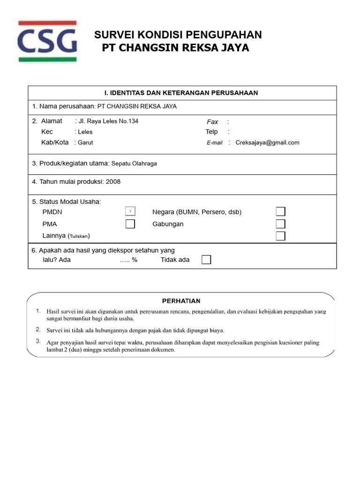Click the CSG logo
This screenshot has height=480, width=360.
click(x=47, y=41)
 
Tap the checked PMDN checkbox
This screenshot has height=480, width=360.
click(x=130, y=211)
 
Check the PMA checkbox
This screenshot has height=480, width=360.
click(x=130, y=224)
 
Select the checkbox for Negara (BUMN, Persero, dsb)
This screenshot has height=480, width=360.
click(x=280, y=212)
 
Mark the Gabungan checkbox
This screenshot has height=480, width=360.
click(x=280, y=224)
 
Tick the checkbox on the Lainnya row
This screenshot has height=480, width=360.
click(x=280, y=236)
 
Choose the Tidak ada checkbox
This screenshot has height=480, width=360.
click(x=206, y=260)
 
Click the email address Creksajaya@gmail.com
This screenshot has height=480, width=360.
click(x=267, y=142)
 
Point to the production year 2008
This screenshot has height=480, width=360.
click(x=113, y=181)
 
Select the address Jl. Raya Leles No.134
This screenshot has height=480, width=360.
click(x=108, y=121)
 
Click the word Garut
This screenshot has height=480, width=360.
click(x=85, y=142)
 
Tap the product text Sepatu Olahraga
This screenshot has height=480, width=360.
click(x=134, y=164)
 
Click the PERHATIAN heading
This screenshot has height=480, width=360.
click(x=181, y=301)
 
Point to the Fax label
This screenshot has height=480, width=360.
click(x=212, y=121)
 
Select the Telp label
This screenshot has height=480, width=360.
click(x=211, y=132)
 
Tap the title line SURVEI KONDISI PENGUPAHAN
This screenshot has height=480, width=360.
click(x=178, y=35)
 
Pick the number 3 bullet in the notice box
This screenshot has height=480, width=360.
click(x=38, y=341)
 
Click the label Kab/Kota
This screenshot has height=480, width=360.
click(x=55, y=142)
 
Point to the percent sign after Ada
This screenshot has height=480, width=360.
click(x=135, y=260)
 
